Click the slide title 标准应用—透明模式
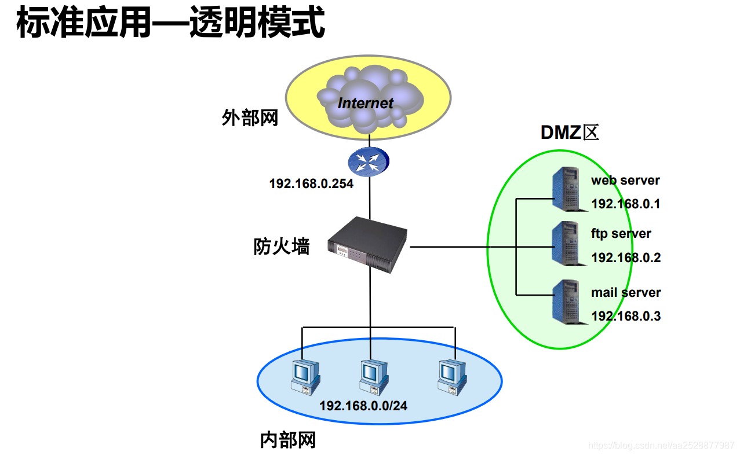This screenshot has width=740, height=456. coord(170,23)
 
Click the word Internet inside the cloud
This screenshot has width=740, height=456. coord(365,104)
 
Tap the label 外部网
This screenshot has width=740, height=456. coord(250,118)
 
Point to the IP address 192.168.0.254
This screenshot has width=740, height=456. coord(311,184)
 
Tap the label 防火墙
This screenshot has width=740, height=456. coord(282,247)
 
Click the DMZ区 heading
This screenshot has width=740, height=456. coord(569,133)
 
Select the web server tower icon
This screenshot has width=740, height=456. coord(566,188)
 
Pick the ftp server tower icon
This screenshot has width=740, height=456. coord(566,244)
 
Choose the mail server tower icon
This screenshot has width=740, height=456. coord(566,300)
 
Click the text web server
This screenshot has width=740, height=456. coord(625,180)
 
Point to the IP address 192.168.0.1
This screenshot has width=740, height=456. coord(626,204)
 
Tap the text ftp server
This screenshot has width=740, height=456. coord(621,234)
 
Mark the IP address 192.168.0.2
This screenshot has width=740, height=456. coord(626,258)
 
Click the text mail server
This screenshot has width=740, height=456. coord(626,293)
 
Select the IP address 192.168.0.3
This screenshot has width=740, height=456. coord(626,317)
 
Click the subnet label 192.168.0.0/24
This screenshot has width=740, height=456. coord(363,406)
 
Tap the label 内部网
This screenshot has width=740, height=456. coord(288,440)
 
